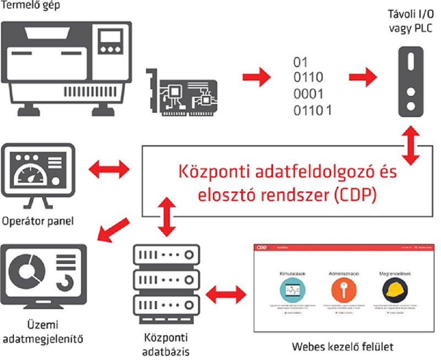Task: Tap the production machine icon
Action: (x=67, y=66)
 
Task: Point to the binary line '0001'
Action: (x=308, y=93)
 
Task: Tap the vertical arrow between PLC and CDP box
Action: (x=411, y=144)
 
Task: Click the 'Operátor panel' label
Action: (x=39, y=222)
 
